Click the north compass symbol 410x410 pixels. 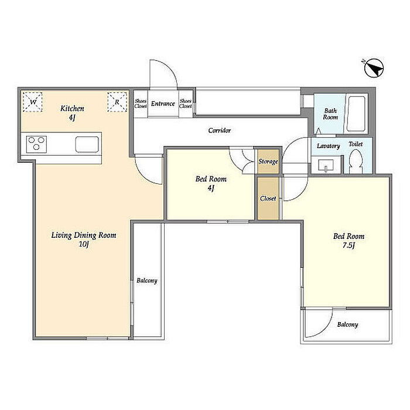coord(374,68)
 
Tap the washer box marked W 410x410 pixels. coord(32,102)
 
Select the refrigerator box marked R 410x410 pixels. coord(117,102)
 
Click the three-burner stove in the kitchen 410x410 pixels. coord(36,144)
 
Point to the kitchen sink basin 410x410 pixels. coord(87,144)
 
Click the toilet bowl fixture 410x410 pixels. coord(356,160)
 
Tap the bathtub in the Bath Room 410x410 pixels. coord(356,114)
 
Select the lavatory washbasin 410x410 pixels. coord(326,165)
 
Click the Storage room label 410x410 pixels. coord(268,162)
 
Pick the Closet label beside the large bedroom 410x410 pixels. coord(268,199)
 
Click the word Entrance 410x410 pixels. coord(163,104)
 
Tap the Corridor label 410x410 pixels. coord(220,130)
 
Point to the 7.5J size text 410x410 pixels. coord(348,245)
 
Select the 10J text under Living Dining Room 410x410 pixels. coord(84,244)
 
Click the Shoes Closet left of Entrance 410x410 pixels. coord(141,104)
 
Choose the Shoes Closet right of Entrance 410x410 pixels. coord(186,104)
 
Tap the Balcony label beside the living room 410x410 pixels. coord(147,281)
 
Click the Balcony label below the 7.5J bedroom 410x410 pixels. coord(347,324)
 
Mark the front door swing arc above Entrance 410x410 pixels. coord(170,69)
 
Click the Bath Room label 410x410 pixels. coord(330,114)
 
